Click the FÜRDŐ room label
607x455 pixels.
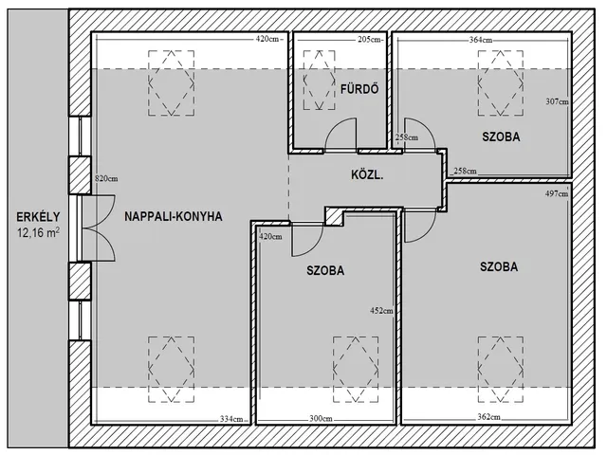359,89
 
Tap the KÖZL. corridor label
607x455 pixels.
367,174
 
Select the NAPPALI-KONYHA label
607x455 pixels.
174,216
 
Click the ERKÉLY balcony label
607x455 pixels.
38,217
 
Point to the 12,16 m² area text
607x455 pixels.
38,232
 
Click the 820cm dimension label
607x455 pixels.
106,179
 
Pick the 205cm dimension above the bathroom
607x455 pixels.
370,39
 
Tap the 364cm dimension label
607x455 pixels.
481,40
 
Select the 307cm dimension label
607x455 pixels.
557,101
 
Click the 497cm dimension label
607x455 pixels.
557,193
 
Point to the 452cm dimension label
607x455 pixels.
381,310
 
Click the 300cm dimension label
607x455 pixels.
321,419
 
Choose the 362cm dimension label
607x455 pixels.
488,417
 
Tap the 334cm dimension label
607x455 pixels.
231,419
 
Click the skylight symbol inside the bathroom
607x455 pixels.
319,80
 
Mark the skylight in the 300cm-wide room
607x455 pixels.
356,369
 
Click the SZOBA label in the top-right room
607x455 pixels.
501,136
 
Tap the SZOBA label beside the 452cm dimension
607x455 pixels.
325,270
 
